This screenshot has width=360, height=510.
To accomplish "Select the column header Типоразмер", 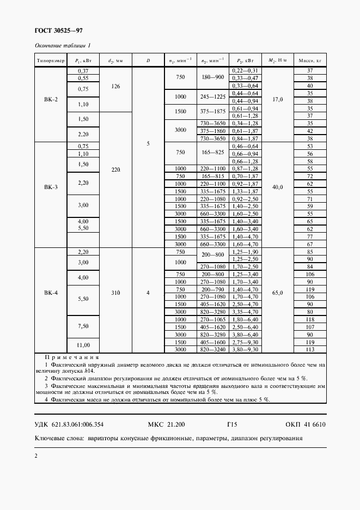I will (51, 60).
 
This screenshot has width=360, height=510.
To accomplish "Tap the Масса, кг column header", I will (310, 60).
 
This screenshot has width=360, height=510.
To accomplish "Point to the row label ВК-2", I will (51, 101).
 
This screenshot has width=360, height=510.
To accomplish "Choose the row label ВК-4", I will (51, 293).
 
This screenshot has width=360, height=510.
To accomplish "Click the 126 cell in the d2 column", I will (115, 86).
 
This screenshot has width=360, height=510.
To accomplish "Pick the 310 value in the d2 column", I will (115, 293).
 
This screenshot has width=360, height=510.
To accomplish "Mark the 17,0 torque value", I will (277, 101).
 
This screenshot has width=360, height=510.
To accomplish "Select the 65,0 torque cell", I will (277, 293).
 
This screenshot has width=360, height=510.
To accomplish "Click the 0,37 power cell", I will (83, 71).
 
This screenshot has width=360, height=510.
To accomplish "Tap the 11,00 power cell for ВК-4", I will (83, 345).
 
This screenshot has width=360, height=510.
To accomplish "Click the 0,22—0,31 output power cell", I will (245, 71).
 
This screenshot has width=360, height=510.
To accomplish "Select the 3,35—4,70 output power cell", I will (245, 312).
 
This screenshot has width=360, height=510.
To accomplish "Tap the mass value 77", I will (310, 237).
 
